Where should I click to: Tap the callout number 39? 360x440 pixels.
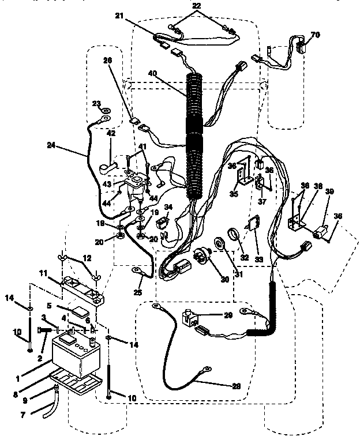click(x=329, y=191)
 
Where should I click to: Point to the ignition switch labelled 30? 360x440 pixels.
click(x=202, y=254)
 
